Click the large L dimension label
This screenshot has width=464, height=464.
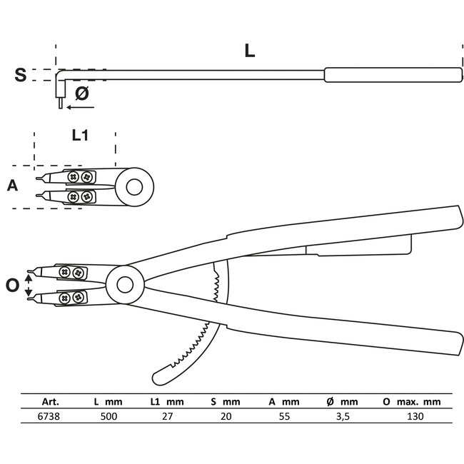249,51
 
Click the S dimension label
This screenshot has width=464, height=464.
22,75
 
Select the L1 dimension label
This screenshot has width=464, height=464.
79,136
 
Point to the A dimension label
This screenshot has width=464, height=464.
13,186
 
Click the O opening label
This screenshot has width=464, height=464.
12,286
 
